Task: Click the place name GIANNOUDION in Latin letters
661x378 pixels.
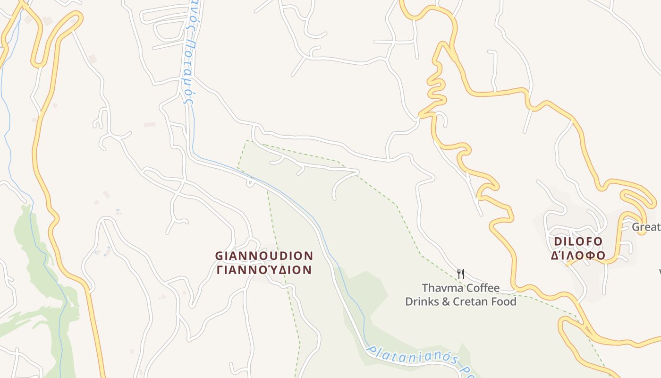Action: pos(264,256)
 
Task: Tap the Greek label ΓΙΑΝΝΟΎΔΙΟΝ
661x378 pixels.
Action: pos(264,270)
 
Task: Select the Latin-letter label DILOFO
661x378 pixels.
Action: pos(578,241)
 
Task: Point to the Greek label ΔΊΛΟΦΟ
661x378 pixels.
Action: pos(578,255)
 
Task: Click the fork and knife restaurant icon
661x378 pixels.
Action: pos(461,274)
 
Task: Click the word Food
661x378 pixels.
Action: pos(504,301)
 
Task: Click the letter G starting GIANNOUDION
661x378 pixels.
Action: pos(220,256)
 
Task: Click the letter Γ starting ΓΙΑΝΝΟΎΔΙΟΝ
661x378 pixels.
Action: pos(220,270)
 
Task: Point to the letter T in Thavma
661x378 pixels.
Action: pos(425,288)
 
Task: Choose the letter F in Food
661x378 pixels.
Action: pos(494,301)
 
